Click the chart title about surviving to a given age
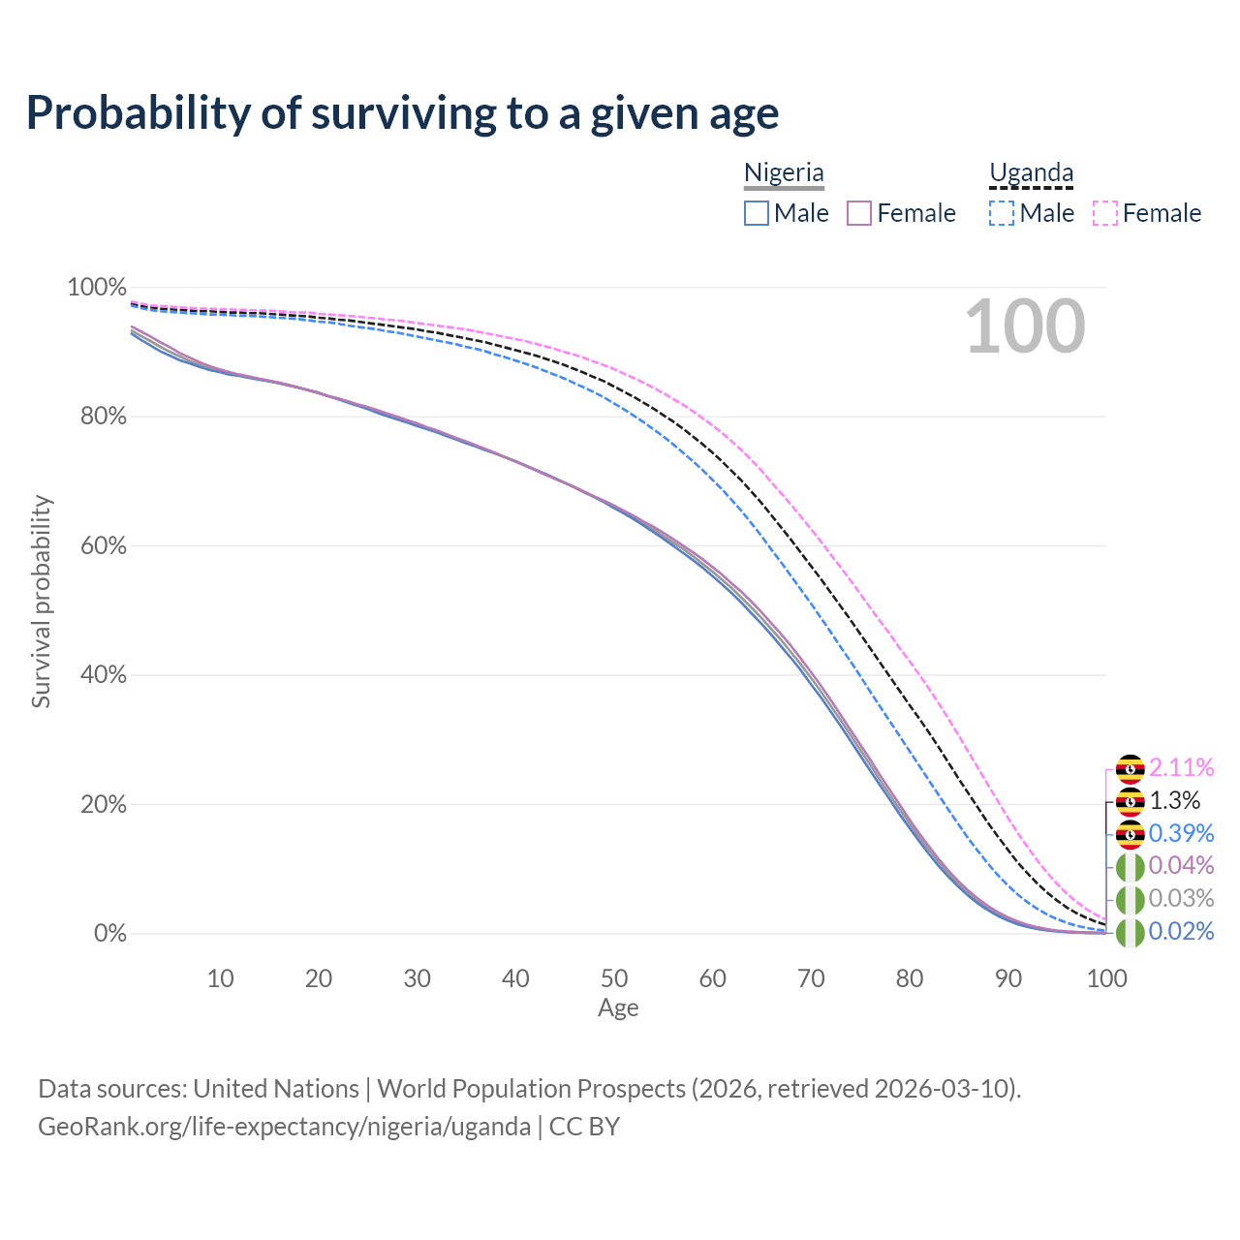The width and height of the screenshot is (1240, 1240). click(x=402, y=113)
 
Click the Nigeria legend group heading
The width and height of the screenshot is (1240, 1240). click(x=784, y=173)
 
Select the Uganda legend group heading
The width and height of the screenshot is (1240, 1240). click(x=1031, y=173)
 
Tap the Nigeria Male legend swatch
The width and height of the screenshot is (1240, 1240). click(x=757, y=213)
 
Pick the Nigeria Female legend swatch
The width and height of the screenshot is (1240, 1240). click(x=859, y=213)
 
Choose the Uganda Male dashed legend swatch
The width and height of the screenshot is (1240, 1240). click(x=1002, y=213)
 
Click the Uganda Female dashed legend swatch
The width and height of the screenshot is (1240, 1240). click(x=1105, y=213)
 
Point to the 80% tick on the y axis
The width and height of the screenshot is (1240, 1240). click(x=97, y=417)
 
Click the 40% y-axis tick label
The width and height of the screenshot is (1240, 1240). click(x=97, y=675)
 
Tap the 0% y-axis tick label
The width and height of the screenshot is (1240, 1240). click(x=109, y=934)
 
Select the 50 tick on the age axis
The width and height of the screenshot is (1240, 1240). click(x=614, y=978)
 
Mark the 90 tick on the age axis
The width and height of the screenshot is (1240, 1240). click(x=1008, y=978)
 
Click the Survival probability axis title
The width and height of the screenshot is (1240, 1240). click(x=41, y=602)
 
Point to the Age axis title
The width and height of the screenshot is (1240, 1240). click(x=618, y=1008)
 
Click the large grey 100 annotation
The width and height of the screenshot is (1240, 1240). click(x=1025, y=326)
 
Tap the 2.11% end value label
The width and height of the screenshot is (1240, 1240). click(x=1181, y=768)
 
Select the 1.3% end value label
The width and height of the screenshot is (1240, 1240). click(x=1174, y=801)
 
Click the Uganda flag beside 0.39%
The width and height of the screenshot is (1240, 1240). click(x=1130, y=834)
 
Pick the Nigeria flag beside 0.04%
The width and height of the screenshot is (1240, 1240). click(x=1130, y=866)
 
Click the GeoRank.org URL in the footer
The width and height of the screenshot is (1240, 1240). click(x=284, y=1127)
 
